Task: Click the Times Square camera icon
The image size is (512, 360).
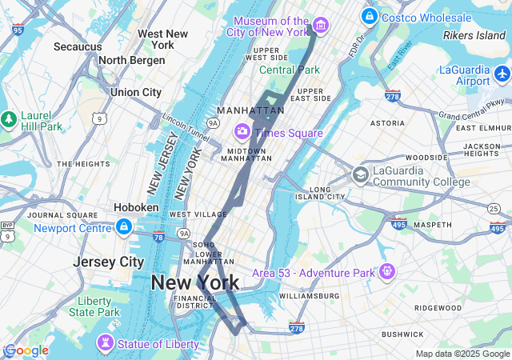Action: [242, 130]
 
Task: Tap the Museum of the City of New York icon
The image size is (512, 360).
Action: [320, 26]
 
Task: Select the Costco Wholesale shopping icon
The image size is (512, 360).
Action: [369, 16]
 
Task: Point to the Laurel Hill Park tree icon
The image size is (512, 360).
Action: [9, 119]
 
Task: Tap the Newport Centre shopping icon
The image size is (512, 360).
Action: [123, 228]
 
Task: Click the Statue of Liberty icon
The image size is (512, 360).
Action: [105, 343]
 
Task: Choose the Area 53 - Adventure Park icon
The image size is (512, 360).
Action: [387, 272]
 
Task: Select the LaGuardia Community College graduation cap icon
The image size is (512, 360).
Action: [362, 174]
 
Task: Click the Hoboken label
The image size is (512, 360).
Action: [136, 206]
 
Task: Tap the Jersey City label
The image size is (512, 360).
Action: [108, 262]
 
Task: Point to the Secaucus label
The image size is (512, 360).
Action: [78, 46]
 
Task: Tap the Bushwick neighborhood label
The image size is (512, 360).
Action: [402, 334]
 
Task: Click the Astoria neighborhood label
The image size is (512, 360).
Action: [387, 123]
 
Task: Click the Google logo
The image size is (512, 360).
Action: [26, 350]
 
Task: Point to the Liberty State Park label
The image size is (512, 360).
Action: [94, 306]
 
